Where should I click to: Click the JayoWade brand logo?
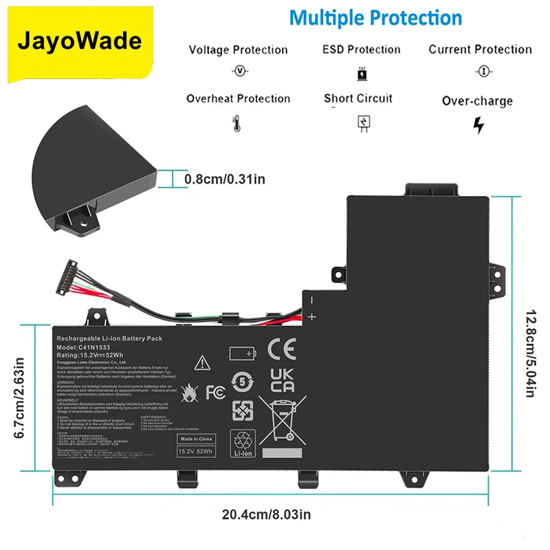coord(80,41)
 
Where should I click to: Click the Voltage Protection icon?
coord(239,71)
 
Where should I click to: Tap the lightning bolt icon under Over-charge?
coord(478,125)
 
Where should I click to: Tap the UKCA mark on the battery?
coord(282,380)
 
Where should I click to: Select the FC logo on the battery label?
coord(214,392)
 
